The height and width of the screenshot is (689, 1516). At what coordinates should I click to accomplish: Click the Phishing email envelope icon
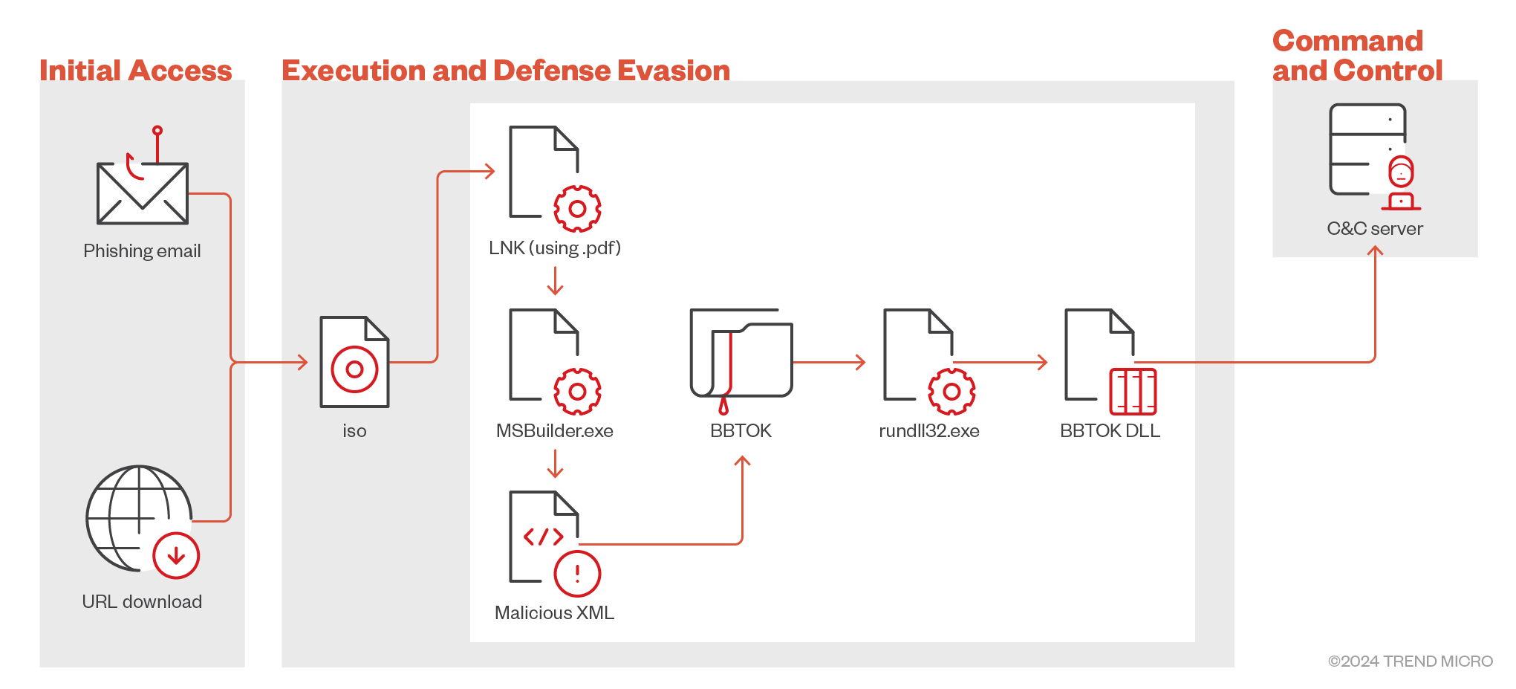142,193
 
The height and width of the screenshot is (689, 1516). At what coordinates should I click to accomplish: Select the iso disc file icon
354,362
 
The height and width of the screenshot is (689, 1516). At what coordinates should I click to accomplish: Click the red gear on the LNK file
577,209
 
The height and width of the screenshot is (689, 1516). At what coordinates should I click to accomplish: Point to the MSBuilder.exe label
554,431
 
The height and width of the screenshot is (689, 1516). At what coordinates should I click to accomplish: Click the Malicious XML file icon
544,537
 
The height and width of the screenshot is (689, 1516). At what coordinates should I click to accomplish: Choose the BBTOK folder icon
741,354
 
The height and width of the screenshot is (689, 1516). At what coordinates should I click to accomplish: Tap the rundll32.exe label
928,431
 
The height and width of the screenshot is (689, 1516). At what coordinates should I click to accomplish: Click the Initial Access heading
136,71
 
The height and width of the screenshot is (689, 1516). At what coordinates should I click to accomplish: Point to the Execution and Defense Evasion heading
506,71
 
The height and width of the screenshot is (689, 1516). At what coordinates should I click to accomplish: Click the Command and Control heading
1356,56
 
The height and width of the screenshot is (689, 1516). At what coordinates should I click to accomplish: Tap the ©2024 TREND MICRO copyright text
1410,661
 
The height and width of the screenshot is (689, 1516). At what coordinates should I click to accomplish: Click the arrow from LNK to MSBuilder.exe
555,280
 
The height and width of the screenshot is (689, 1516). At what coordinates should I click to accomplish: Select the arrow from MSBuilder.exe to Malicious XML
555,463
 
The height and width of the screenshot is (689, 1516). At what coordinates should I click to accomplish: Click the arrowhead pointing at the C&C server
1375,251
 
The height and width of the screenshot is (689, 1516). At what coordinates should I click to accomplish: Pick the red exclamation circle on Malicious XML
577,574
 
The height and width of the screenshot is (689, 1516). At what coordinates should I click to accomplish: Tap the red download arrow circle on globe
176,555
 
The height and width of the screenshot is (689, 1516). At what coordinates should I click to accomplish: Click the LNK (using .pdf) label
554,248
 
